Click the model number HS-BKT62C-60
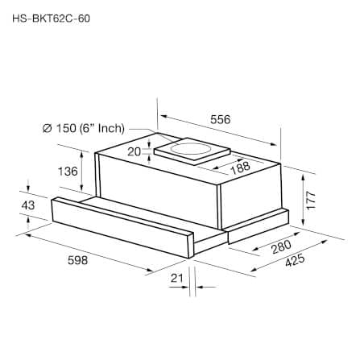coord(51,19)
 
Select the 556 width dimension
coord(221,119)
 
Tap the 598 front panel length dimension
coord(77,260)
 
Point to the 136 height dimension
coord(68,171)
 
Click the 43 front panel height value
coord(28,205)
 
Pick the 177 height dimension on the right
coord(311,201)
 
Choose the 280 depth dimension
coord(281,247)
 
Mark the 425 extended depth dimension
coord(295,260)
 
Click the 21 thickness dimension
coord(176,278)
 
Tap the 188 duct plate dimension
coord(240,168)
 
